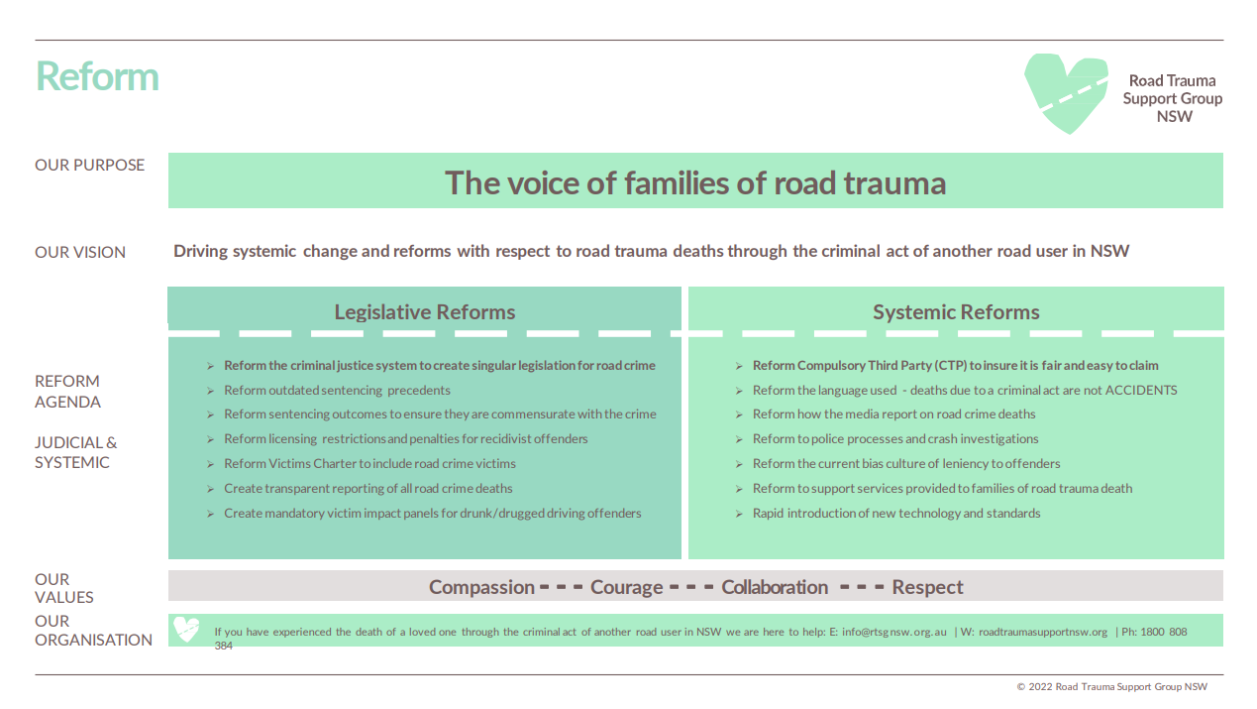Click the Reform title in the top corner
point(97,76)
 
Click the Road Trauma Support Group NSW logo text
point(1172,98)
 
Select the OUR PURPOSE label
point(89,165)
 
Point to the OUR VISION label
point(80,252)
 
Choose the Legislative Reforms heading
point(424,311)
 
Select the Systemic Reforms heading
point(956,311)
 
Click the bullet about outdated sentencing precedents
point(337,390)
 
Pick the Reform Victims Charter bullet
point(369,463)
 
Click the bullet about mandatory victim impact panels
point(432,513)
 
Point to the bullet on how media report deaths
point(893,414)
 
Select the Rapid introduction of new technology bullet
point(896,513)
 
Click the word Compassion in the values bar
point(481,587)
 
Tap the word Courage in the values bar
point(626,587)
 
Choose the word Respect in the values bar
point(927,587)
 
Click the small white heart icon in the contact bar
point(186,630)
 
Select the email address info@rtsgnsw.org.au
point(895,632)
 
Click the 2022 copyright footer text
point(1111,686)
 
